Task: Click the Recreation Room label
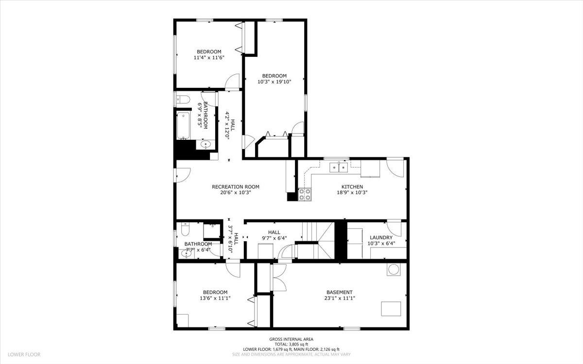[235, 187]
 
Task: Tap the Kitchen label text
[352, 187]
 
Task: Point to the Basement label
[339, 292]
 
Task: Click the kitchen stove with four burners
[305, 194]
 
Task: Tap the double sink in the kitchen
[339, 167]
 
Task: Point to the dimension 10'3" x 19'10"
[274, 82]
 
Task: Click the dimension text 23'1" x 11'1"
[339, 298]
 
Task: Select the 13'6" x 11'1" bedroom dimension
[215, 298]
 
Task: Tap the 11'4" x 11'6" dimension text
[209, 58]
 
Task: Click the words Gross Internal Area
[291, 339]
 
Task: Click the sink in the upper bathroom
[206, 144]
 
